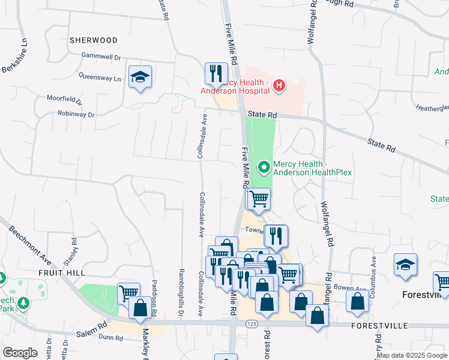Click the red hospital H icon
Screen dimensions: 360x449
[279, 86]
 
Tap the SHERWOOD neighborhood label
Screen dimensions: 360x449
[93, 40]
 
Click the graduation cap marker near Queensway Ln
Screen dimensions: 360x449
[140, 77]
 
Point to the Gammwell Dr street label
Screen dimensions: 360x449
[101, 57]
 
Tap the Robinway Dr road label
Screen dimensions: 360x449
[76, 114]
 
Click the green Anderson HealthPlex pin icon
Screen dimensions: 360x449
[264, 166]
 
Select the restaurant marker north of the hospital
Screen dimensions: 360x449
[215, 74]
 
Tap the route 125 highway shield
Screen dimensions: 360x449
[252, 323]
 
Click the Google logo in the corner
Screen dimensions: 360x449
[20, 353]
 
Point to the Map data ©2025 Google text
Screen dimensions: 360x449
[412, 355]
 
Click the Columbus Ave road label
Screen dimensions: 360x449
[374, 270]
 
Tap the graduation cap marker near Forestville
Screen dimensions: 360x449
[406, 265]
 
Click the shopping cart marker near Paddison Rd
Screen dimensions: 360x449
[128, 293]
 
